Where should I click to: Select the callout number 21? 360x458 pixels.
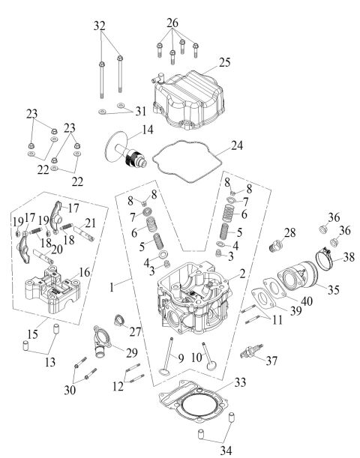tap(91, 223)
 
